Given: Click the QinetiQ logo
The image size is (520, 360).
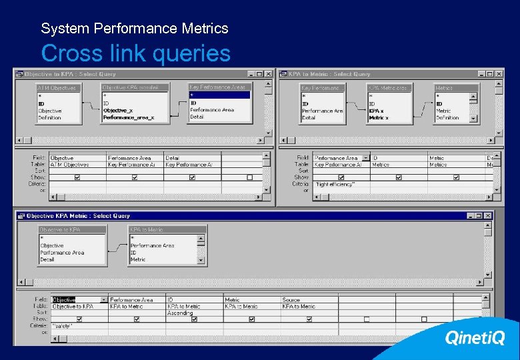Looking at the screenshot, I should (475, 338).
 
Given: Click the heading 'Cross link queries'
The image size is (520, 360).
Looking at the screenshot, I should (135, 53).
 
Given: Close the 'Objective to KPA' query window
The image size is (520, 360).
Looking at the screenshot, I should (269, 74).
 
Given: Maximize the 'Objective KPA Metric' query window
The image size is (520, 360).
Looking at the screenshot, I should (479, 216).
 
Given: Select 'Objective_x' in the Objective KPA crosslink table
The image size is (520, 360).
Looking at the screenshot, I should (118, 111).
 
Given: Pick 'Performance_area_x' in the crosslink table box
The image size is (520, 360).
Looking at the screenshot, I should (128, 117).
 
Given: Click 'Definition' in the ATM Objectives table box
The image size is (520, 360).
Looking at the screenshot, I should (49, 118).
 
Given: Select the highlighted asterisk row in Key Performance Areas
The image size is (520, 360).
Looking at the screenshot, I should (219, 95).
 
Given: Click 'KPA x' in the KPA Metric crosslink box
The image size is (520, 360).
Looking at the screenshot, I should (376, 111).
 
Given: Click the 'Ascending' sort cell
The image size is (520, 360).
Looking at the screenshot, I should (180, 313).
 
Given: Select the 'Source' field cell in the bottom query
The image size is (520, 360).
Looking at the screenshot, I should (291, 300).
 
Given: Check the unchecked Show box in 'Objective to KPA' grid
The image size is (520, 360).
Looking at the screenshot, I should (249, 177).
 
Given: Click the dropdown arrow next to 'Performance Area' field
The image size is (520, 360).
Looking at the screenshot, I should (366, 158).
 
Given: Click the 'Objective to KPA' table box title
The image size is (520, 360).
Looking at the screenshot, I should (71, 229).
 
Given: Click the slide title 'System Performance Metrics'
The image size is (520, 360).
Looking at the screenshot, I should (134, 29).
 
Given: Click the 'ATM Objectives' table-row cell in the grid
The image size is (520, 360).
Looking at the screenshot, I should (70, 165).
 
